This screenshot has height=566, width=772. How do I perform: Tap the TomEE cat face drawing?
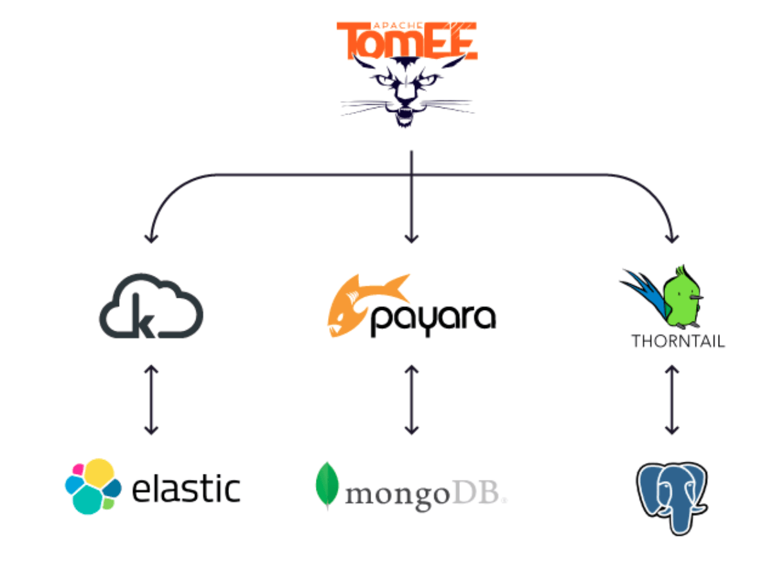pyautogui.click(x=407, y=90)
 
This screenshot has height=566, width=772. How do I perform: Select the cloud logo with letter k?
pyautogui.click(x=151, y=307)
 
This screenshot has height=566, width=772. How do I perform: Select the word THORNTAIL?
pyautogui.click(x=678, y=341)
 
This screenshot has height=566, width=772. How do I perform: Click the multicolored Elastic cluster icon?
pyautogui.click(x=92, y=487)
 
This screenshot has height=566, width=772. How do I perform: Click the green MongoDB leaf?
pyautogui.click(x=327, y=486)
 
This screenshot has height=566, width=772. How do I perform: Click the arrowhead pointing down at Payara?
pyautogui.click(x=412, y=239)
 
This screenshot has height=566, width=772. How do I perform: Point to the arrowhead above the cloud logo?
pyautogui.click(x=151, y=238)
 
